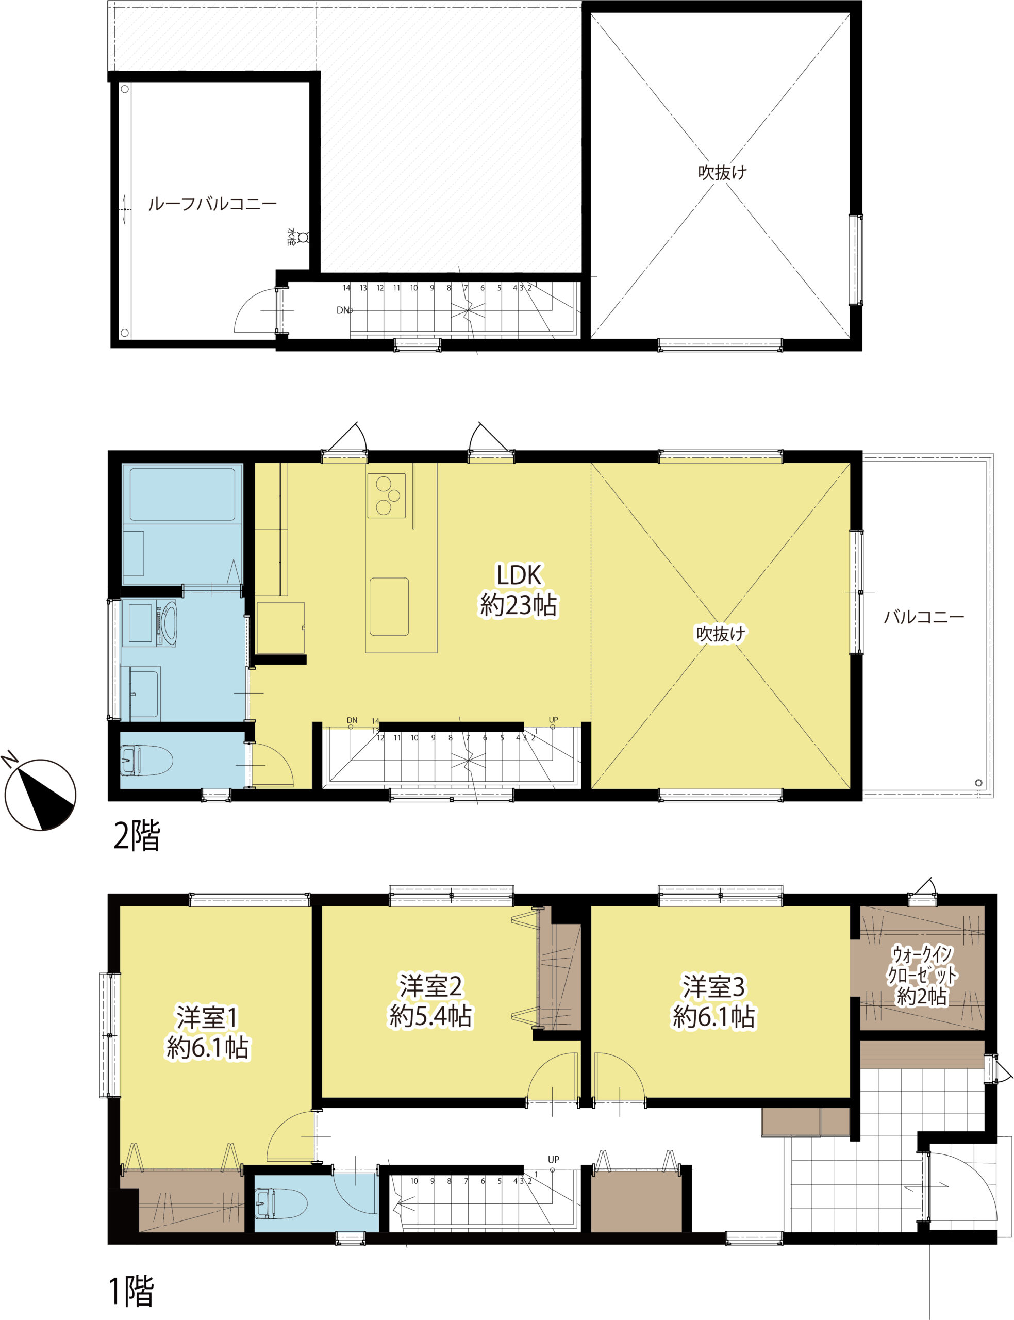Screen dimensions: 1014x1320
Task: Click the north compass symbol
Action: tap(40, 794)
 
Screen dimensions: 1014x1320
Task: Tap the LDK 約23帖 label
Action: tap(519, 590)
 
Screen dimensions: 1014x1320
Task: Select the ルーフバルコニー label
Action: tap(212, 204)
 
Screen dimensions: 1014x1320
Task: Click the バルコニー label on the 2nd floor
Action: tap(924, 617)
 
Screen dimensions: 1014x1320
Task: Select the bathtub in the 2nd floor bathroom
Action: tap(182, 494)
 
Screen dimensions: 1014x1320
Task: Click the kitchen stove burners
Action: tap(386, 495)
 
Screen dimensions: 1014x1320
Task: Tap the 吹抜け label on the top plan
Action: tap(722, 173)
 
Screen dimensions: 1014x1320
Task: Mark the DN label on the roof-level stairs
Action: tap(342, 310)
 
